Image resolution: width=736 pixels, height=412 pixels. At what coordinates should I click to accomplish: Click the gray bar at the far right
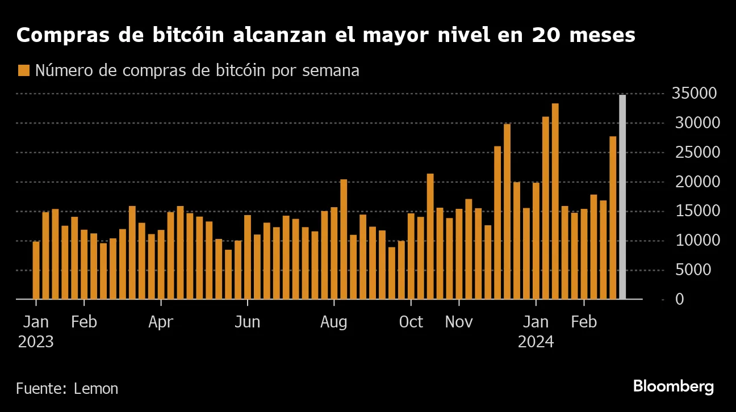click(622, 197)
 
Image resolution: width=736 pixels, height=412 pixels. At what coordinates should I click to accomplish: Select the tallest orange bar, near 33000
click(555, 201)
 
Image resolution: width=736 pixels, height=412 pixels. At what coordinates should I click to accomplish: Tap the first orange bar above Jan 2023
click(36, 270)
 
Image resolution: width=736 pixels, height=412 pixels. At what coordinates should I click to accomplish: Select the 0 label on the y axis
click(679, 300)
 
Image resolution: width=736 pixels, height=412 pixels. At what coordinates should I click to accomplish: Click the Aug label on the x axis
click(333, 322)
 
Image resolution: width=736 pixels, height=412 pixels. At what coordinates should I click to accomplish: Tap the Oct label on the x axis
click(411, 322)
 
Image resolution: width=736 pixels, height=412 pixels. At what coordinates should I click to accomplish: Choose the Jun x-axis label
click(247, 322)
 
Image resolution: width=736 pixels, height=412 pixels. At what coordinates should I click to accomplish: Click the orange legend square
click(23, 70)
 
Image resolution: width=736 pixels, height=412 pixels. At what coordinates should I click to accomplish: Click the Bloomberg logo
click(674, 387)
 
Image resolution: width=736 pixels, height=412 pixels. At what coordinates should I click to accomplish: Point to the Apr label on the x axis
click(161, 322)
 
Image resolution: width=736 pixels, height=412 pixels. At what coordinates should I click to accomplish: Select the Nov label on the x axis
click(459, 322)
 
